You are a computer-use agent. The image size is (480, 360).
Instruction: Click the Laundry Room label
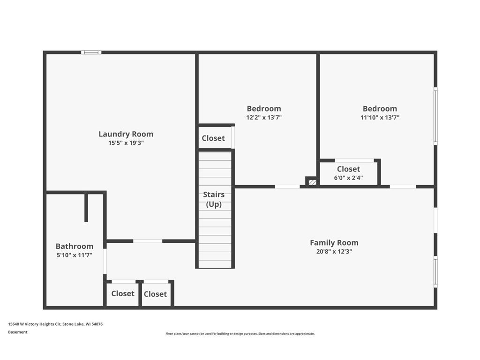click(x=126, y=134)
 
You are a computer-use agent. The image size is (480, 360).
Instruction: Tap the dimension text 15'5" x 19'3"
click(x=126, y=142)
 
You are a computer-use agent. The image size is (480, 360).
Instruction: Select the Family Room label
click(x=334, y=243)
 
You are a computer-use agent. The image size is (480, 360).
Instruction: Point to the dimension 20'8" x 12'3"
click(x=334, y=251)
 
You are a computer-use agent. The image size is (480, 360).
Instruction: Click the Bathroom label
click(x=75, y=247)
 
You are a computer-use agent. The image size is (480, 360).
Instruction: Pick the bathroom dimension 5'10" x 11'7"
click(x=75, y=255)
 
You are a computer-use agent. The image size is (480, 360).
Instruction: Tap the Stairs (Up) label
click(x=214, y=199)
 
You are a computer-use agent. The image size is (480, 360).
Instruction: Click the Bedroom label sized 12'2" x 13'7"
click(x=264, y=109)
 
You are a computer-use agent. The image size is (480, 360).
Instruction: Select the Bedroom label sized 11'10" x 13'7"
click(x=380, y=109)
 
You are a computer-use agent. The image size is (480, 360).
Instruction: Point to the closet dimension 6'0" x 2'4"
click(x=348, y=178)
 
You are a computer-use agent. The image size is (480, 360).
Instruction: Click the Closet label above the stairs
click(x=213, y=138)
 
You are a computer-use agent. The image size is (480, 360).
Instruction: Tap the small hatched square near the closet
click(x=312, y=182)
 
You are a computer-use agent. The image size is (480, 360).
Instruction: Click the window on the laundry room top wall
click(x=91, y=52)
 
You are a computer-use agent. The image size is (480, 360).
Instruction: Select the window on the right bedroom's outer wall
click(x=435, y=116)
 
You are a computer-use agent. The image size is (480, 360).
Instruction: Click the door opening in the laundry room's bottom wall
click(x=148, y=241)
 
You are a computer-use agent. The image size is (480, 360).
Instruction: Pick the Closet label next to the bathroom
click(x=123, y=293)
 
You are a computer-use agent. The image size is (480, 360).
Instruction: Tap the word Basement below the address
click(x=18, y=332)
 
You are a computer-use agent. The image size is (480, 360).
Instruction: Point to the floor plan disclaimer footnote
click(x=240, y=334)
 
